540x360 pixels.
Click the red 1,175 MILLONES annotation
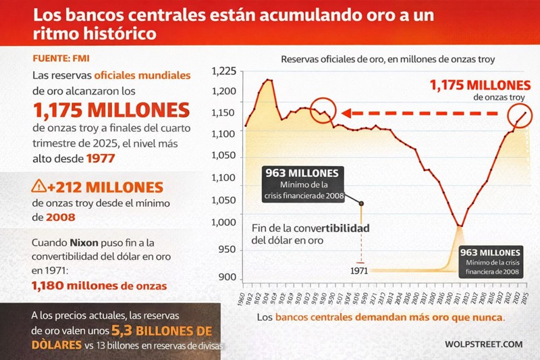(x=480, y=85)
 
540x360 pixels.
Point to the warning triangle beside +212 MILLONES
(x=38, y=186)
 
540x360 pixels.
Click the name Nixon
(x=86, y=242)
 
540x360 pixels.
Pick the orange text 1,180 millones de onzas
(x=99, y=286)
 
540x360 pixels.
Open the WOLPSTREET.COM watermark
(x=483, y=344)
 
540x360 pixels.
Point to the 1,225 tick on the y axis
(x=224, y=72)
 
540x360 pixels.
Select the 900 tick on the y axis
(x=227, y=278)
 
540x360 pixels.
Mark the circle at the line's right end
(x=520, y=116)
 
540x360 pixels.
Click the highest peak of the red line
(x=269, y=80)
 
